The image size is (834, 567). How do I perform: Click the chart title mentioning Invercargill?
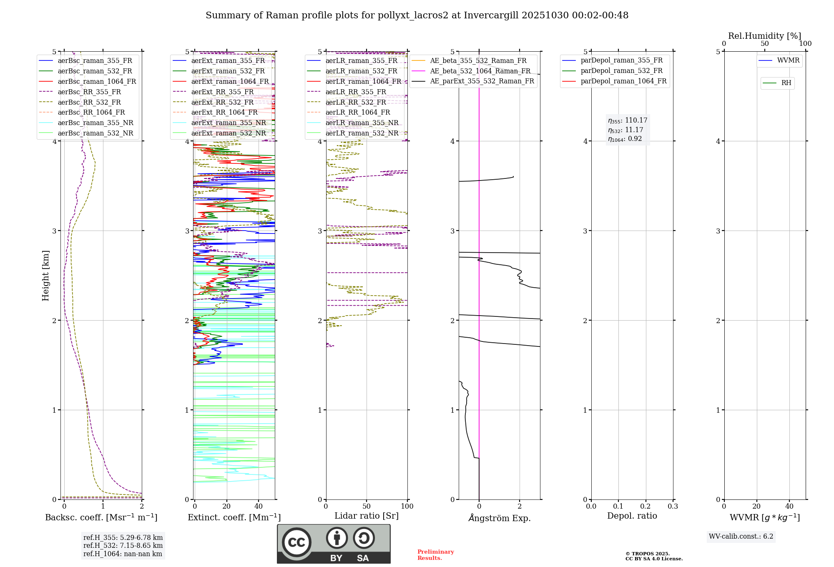tap(417, 15)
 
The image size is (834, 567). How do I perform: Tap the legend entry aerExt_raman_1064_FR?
tap(230, 82)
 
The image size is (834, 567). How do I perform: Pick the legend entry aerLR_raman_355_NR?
tap(362, 123)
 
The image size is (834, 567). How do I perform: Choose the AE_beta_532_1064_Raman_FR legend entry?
tap(480, 71)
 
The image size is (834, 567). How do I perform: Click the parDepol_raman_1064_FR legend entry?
tap(623, 81)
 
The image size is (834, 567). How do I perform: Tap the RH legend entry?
tap(786, 83)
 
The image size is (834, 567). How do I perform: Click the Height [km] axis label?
tap(45, 276)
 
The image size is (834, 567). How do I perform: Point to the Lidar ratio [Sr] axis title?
tap(367, 516)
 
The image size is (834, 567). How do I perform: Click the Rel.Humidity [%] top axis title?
tap(764, 36)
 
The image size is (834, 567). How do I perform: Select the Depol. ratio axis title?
tap(632, 516)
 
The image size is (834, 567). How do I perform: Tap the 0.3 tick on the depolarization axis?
tap(673, 507)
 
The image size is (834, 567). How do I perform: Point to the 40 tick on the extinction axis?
tap(259, 507)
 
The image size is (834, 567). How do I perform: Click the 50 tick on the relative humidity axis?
tap(764, 44)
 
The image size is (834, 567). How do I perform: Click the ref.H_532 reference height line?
tap(123, 545)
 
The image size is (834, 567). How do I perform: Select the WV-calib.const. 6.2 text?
tap(741, 537)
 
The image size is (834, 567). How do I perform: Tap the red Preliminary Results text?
tap(435, 555)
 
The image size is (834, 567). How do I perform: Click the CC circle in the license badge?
tap(296, 542)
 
